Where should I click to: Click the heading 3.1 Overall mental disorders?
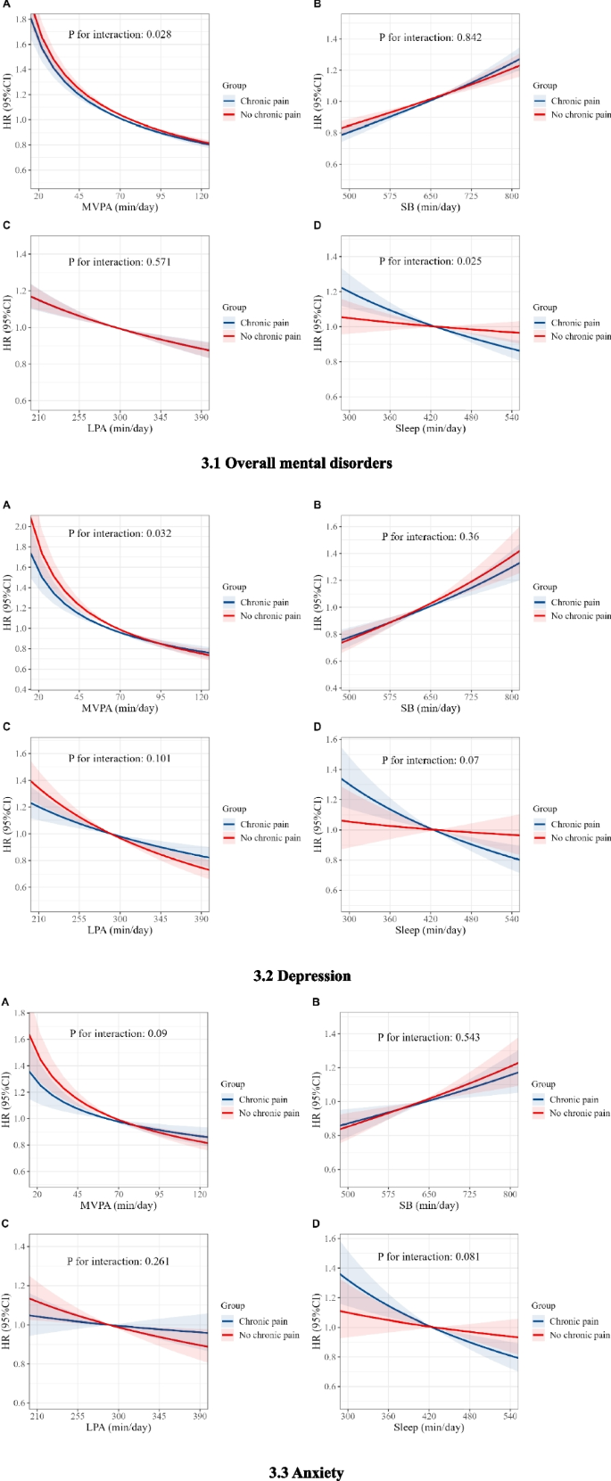(296, 463)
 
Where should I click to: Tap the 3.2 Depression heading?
(301, 975)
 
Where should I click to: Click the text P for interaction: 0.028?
(120, 35)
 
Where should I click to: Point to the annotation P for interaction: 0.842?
(430, 37)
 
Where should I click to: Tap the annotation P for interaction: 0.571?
(120, 262)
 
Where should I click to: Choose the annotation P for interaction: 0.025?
(430, 261)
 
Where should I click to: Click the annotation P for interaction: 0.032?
(120, 533)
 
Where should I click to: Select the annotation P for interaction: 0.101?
(120, 759)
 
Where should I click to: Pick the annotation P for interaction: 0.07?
(430, 761)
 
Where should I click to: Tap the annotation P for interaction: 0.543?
(429, 1038)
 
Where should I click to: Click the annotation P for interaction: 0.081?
(428, 1256)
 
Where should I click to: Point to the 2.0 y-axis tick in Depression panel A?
(21, 526)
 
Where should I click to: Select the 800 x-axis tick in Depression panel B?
(511, 696)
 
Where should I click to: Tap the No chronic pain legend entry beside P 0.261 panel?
(268, 1335)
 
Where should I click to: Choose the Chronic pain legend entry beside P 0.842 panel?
(575, 102)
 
